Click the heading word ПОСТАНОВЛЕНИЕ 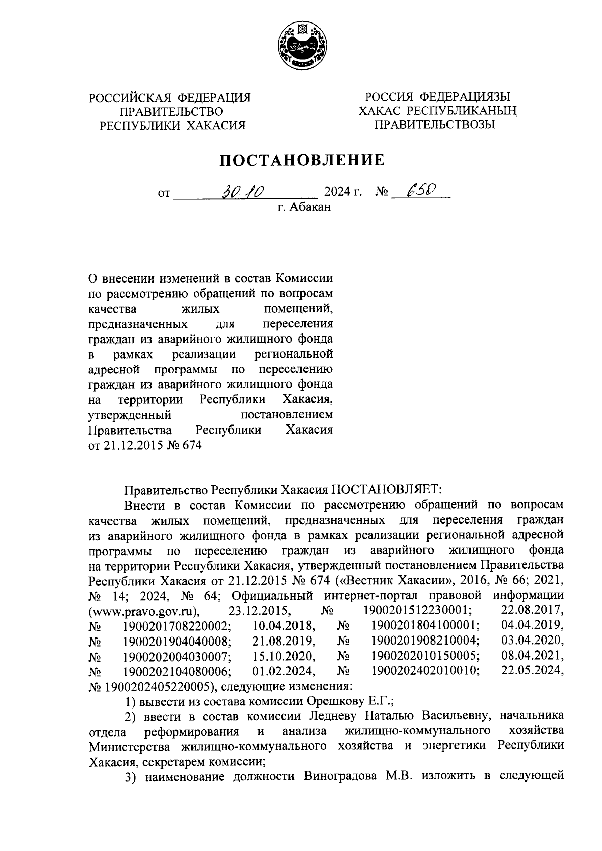301,160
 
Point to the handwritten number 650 420,190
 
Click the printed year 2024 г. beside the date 343,192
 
